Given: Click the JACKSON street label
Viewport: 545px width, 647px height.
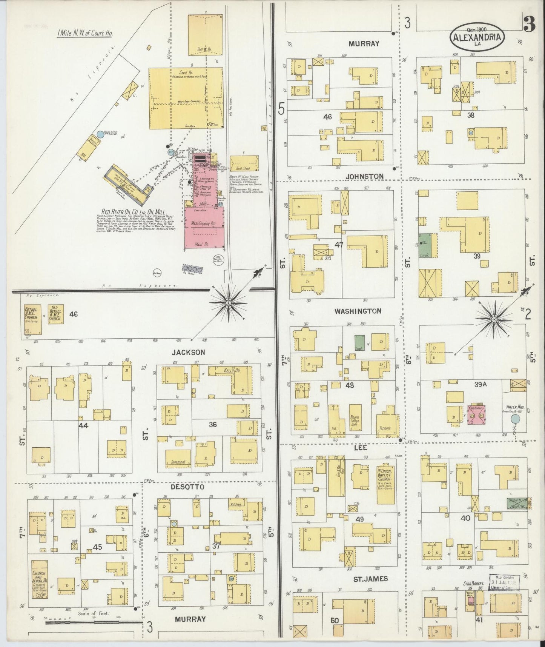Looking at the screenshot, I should [188, 352].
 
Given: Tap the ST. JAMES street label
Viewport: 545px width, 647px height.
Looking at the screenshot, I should [370, 579].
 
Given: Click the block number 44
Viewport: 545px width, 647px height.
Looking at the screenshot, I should [83, 425].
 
